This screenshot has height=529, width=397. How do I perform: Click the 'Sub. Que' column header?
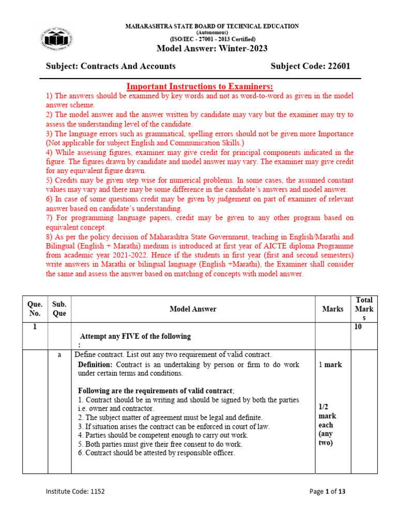tap(59, 309)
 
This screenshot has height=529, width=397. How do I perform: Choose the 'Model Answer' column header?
tap(193, 309)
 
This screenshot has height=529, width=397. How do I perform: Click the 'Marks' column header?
tap(332, 309)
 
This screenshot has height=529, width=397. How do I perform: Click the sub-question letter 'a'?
tap(59, 354)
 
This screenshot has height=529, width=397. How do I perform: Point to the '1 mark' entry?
tap(329, 365)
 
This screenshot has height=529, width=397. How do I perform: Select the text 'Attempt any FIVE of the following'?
tap(135, 336)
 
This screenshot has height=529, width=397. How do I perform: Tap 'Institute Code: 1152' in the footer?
tap(75, 491)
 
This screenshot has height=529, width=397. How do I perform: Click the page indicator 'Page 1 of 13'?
tap(327, 491)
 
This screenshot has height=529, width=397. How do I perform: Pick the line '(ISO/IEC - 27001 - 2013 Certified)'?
tap(212, 39)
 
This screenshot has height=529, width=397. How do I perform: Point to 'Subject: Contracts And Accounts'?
tap(111, 66)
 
